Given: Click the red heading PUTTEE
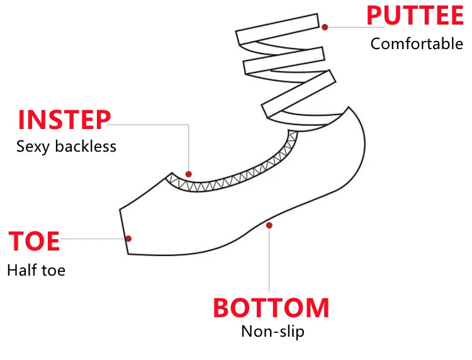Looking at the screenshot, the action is [x=415, y=16].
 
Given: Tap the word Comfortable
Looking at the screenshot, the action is [x=416, y=44].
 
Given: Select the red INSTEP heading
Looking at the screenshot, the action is [x=64, y=120].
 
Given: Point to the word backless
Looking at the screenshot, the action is [x=86, y=147].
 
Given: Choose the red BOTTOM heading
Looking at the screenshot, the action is [x=271, y=308].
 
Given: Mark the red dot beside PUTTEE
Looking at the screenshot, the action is [x=325, y=27].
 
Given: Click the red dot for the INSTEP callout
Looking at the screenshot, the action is [x=189, y=174].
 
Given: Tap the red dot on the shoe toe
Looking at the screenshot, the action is [x=128, y=238].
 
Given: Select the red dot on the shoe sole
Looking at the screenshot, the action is [x=269, y=225].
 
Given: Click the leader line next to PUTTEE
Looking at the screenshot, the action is [x=346, y=27].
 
